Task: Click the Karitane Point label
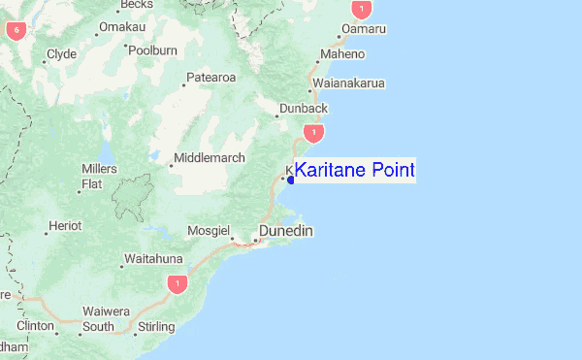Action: [x=354, y=171]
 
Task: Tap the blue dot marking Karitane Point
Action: [x=291, y=180]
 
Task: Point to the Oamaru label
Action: [x=365, y=30]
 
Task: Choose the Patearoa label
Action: [x=210, y=78]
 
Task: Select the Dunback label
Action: [x=304, y=108]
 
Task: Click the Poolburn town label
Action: [x=153, y=49]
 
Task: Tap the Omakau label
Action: [x=122, y=27]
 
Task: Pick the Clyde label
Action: [x=61, y=54]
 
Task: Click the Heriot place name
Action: [x=66, y=226]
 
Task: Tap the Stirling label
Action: [x=156, y=327]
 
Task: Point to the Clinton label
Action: [x=35, y=326]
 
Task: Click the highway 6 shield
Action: [x=16, y=30]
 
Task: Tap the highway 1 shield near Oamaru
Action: [x=362, y=11]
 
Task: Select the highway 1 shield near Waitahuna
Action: [x=176, y=283]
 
